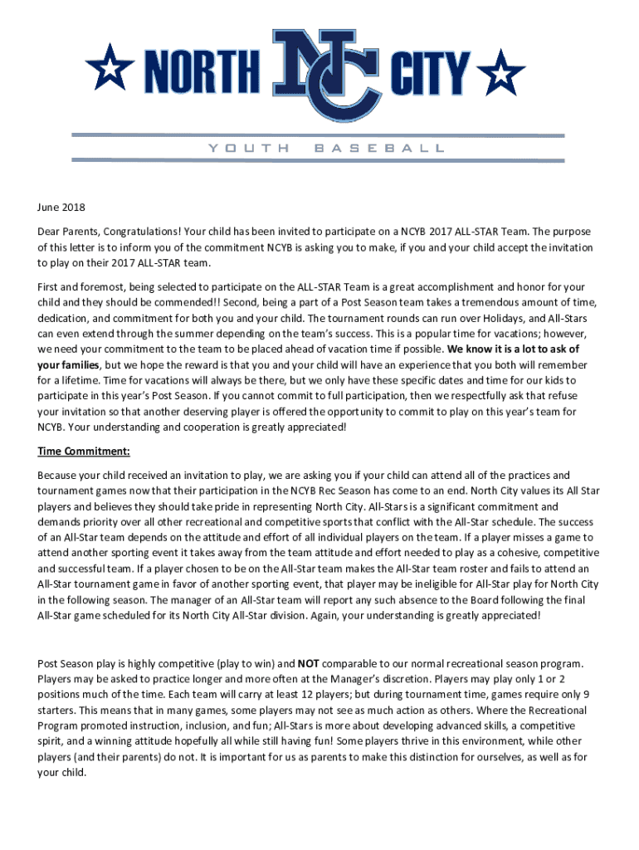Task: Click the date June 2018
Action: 62,208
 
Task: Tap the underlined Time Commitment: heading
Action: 84,452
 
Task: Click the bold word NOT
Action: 310,664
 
